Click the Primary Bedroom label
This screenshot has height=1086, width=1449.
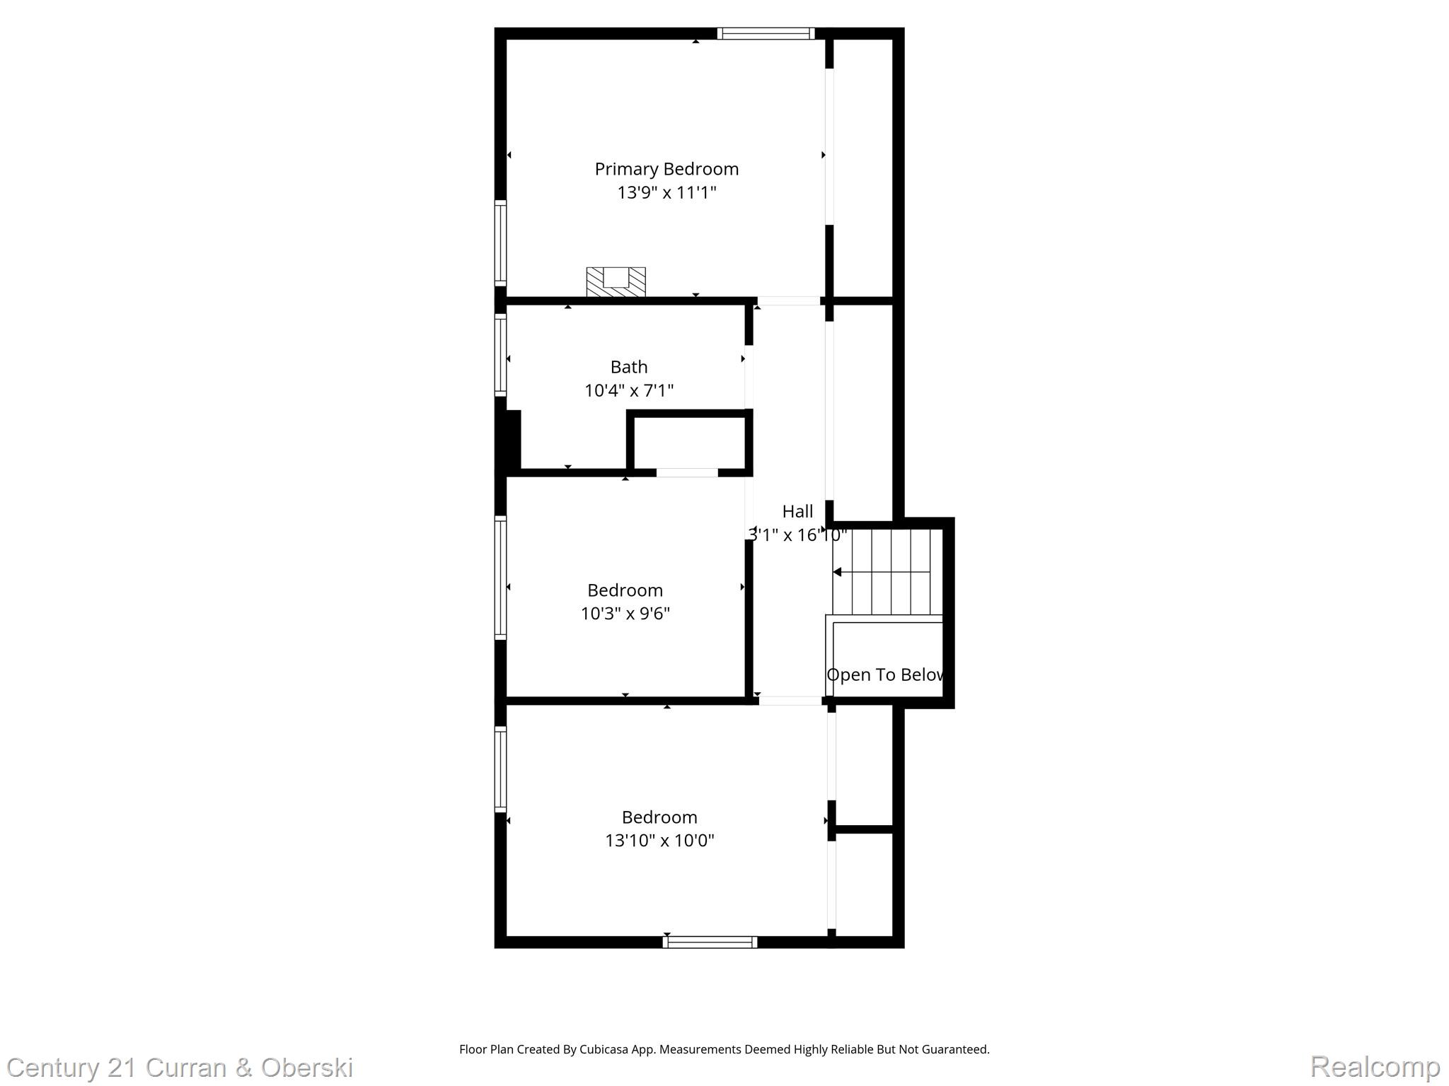tap(666, 169)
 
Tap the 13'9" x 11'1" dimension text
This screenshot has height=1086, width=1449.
tap(666, 192)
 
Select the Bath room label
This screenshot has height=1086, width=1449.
tap(629, 367)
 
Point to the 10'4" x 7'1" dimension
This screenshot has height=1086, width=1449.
tap(629, 390)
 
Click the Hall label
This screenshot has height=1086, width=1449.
tap(797, 511)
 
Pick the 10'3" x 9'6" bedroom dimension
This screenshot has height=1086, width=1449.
tap(625, 613)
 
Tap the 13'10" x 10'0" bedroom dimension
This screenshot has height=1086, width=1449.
tap(659, 840)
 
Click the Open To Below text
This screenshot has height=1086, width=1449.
tap(885, 675)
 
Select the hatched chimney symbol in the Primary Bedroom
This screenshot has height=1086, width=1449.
tap(616, 281)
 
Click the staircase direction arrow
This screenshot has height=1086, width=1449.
tap(838, 572)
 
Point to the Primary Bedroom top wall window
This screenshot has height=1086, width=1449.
tap(766, 33)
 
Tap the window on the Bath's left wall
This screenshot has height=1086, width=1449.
tap(500, 354)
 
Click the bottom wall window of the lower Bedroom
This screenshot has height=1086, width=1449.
tap(710, 942)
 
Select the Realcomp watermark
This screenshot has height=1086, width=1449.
tap(1375, 1066)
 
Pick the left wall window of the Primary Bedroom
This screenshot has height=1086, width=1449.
tap(500, 243)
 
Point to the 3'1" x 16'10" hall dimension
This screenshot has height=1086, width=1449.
tap(797, 535)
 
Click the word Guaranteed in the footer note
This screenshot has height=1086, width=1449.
tap(953, 1049)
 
